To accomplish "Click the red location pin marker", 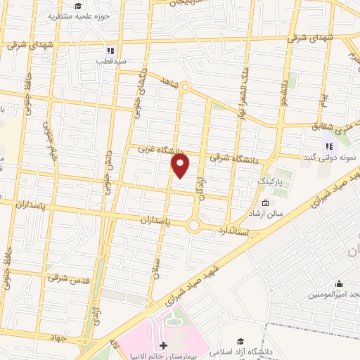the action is tap(181, 166).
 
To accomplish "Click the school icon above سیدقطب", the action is tap(110, 50).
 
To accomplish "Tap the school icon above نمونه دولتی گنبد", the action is tap(328, 146).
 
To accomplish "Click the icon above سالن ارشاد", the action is tap(265, 202).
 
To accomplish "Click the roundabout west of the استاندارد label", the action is tap(193, 225).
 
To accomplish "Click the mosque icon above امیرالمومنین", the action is tap(340, 284).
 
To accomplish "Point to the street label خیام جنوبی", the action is tap(50, 141).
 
